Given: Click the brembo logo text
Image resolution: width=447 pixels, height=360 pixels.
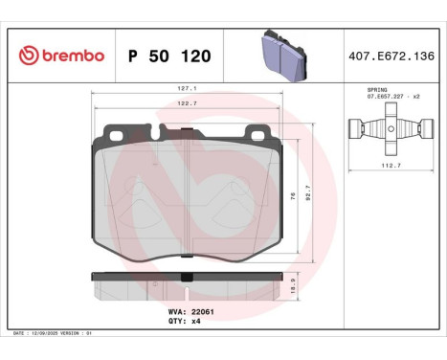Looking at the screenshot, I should coord(72,56).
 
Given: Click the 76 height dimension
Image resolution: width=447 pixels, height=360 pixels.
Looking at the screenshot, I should coord(290,194).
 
